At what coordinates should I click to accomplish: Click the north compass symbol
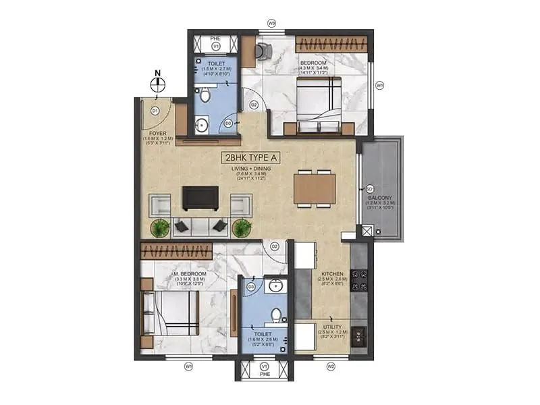(158, 84)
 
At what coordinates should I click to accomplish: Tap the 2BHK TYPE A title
(248, 159)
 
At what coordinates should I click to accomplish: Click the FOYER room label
(158, 134)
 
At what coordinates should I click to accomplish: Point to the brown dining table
(315, 188)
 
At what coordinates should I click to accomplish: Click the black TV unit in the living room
(200, 198)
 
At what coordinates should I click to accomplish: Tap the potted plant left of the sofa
(160, 228)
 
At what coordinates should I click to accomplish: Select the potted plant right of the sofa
(241, 228)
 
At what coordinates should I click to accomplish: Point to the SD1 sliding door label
(369, 188)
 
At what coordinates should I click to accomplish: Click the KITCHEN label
(333, 274)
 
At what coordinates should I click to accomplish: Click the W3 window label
(271, 23)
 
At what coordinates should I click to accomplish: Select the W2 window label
(331, 367)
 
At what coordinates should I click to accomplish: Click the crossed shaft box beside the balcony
(367, 231)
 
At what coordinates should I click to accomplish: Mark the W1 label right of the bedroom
(380, 86)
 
